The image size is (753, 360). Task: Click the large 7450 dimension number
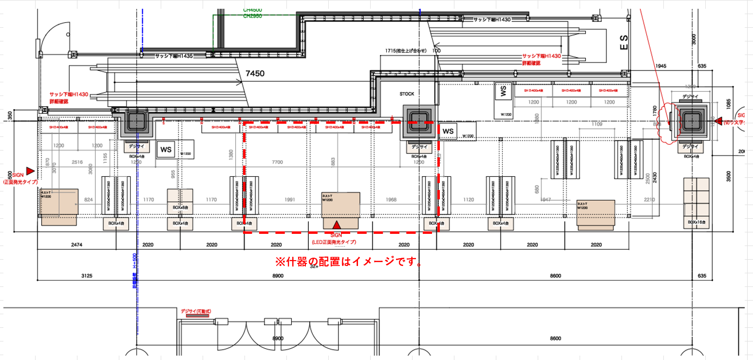tap(255, 74)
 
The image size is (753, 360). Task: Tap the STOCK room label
tap(407, 94)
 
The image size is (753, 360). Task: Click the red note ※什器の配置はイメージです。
tap(349, 262)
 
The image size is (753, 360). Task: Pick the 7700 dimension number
tap(277, 162)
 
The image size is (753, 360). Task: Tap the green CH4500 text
tap(253, 9)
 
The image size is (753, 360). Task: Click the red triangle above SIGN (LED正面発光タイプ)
tap(336, 226)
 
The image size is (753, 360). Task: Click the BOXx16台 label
tap(697, 222)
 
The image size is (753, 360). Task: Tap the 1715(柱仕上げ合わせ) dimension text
tap(405, 51)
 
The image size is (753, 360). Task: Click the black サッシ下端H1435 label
tap(174, 56)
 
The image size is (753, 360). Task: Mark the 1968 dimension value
tap(391, 199)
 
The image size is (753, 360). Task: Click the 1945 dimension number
tap(661, 65)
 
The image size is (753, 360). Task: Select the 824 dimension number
tap(89, 199)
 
